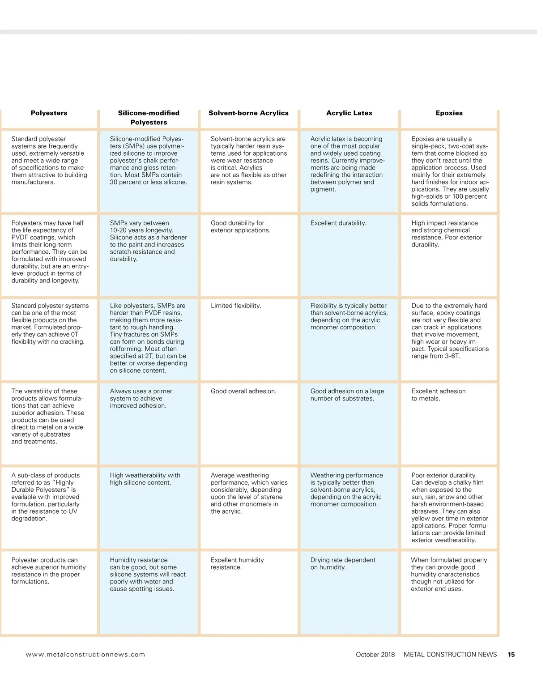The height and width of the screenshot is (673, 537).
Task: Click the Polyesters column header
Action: tap(49, 113)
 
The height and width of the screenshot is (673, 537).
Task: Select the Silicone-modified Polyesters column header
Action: tap(149, 118)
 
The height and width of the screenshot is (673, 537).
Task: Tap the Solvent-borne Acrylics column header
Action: tap(248, 113)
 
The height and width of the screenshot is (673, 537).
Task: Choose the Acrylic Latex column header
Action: tap(349, 113)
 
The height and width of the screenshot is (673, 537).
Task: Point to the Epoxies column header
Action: tap(449, 113)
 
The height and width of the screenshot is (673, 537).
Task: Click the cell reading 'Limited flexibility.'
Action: tap(236, 306)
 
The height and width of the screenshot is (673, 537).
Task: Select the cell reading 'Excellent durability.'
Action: tap(338, 223)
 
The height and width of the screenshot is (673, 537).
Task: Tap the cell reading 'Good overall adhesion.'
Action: tap(243, 391)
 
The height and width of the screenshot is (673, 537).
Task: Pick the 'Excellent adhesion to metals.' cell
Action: tap(439, 395)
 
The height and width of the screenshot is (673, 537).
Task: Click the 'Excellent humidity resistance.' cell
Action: tap(237, 563)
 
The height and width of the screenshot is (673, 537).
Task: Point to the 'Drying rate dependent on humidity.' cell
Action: tap(343, 563)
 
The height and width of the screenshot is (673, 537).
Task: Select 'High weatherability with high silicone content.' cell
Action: tap(145, 479)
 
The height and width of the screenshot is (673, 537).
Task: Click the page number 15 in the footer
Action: tap(511, 654)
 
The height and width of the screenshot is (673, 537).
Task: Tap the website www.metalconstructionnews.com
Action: tap(85, 654)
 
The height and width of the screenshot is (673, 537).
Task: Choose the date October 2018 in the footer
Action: tap(375, 654)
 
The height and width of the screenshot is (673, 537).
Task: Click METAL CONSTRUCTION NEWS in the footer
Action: tap(450, 654)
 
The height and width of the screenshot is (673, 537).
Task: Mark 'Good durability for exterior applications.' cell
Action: tap(240, 227)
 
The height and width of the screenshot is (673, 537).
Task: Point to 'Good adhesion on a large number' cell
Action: tap(347, 395)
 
